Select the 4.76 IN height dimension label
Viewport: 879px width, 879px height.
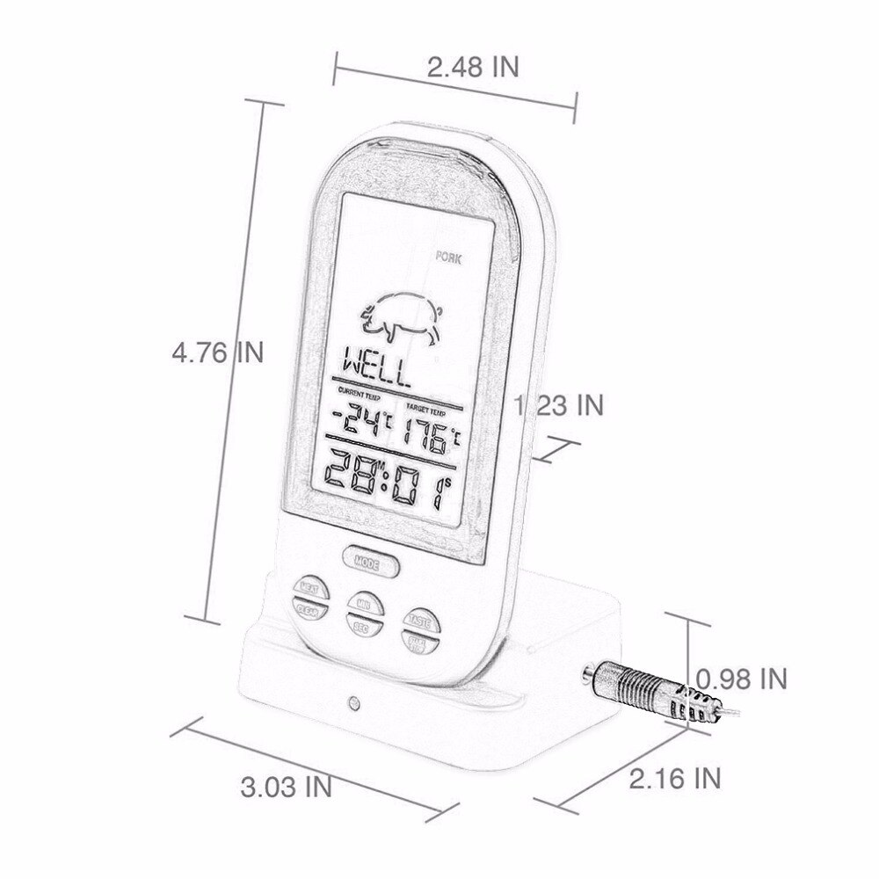pos(217,353)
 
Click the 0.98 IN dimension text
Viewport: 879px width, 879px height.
pos(741,679)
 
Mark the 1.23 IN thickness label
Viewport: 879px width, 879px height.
pos(559,405)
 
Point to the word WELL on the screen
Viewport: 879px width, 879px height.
pos(377,367)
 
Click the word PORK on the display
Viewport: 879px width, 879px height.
pos(452,258)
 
